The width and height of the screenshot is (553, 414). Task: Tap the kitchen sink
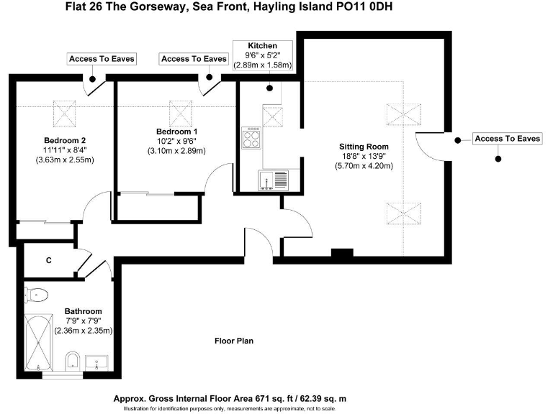pos(273,179)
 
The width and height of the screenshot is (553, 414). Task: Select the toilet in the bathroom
pos(37,294)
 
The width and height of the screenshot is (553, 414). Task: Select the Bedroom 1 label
pos(176,132)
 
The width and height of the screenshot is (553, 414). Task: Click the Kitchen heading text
pos(262,45)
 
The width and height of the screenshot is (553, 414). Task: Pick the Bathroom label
pos(84,311)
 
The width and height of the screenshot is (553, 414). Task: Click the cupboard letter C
pos(48,260)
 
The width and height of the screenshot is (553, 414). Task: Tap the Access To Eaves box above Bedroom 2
pos(102,58)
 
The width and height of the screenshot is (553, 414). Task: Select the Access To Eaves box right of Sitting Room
pos(507,139)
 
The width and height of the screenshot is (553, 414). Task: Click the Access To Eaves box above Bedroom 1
pos(194,58)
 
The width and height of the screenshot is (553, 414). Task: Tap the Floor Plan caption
pos(234,341)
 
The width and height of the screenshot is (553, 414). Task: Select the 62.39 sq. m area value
pos(320,397)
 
